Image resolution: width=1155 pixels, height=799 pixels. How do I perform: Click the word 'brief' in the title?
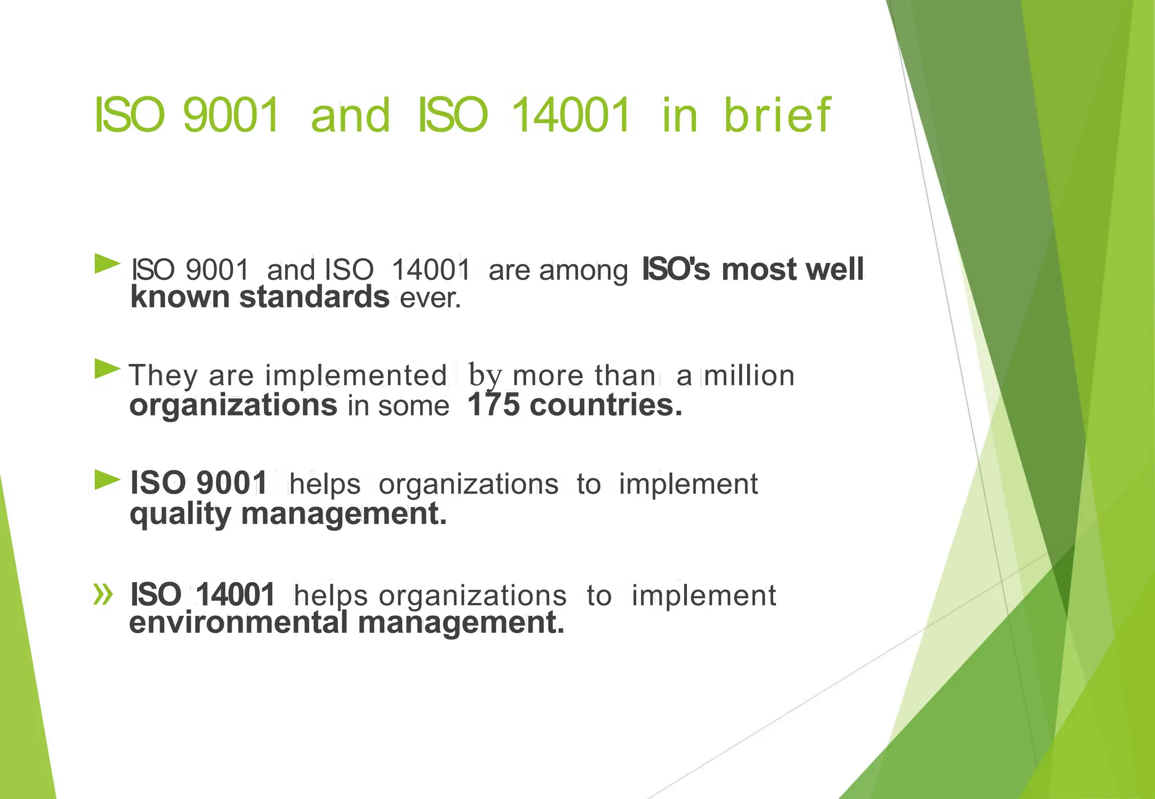(x=777, y=115)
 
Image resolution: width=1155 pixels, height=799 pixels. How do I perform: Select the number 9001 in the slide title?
(x=231, y=115)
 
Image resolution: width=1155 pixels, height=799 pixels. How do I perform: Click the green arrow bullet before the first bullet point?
(x=107, y=264)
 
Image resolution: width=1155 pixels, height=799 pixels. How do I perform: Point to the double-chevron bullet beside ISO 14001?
(x=103, y=594)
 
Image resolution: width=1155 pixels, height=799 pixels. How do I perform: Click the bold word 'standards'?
(x=314, y=297)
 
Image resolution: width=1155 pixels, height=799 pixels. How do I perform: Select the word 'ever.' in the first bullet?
(x=430, y=298)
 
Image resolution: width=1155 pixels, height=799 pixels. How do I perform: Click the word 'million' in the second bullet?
(x=750, y=375)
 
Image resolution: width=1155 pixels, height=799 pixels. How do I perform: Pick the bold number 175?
(x=493, y=405)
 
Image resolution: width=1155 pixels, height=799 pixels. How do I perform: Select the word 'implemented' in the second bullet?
(x=356, y=375)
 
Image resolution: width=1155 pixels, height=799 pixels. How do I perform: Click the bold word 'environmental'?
(x=238, y=623)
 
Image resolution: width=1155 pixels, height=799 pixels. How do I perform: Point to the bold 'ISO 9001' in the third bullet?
(x=199, y=483)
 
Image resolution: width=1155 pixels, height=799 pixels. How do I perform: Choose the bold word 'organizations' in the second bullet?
(x=233, y=405)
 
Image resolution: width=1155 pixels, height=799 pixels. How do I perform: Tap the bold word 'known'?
(x=180, y=297)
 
